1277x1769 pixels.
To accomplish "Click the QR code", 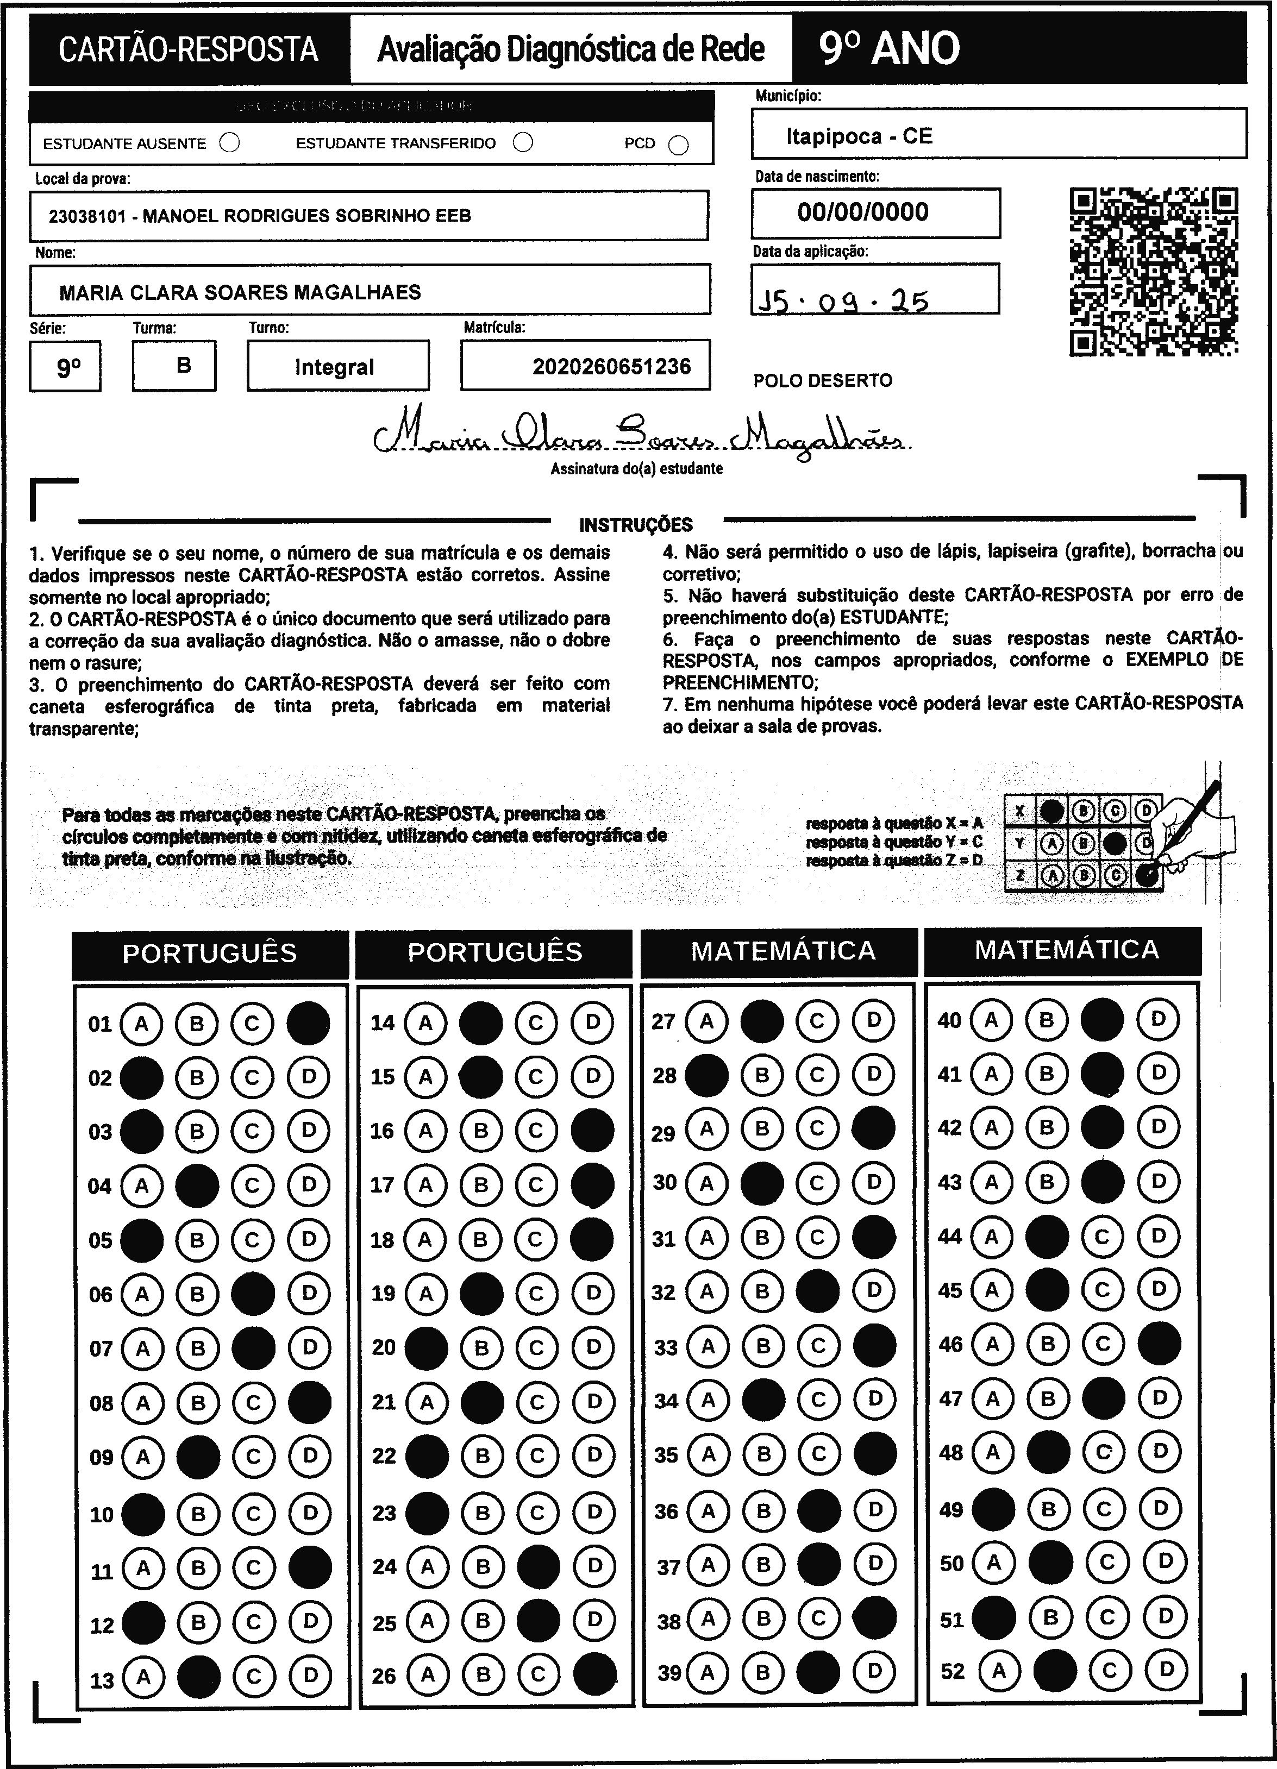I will pyautogui.click(x=1153, y=272).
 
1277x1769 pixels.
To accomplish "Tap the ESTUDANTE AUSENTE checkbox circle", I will pyautogui.click(x=229, y=143).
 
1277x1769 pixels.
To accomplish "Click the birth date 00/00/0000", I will pyautogui.click(x=863, y=212).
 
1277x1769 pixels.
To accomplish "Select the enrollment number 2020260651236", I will pyautogui.click(x=611, y=367).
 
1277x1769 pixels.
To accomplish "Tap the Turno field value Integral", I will pyautogui.click(x=335, y=367).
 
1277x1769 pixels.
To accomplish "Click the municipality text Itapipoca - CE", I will pyautogui.click(x=859, y=136).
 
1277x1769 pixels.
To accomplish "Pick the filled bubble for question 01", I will pyautogui.click(x=308, y=1022).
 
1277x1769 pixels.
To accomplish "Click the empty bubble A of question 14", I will pyautogui.click(x=425, y=1022).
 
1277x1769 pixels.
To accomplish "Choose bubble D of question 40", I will pyautogui.click(x=1159, y=1019).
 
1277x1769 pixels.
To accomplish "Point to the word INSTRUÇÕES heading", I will pyautogui.click(x=636, y=525).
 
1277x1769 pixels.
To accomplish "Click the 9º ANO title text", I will pyautogui.click(x=890, y=48).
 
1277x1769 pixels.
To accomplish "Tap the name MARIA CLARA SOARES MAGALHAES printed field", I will pyautogui.click(x=240, y=292).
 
